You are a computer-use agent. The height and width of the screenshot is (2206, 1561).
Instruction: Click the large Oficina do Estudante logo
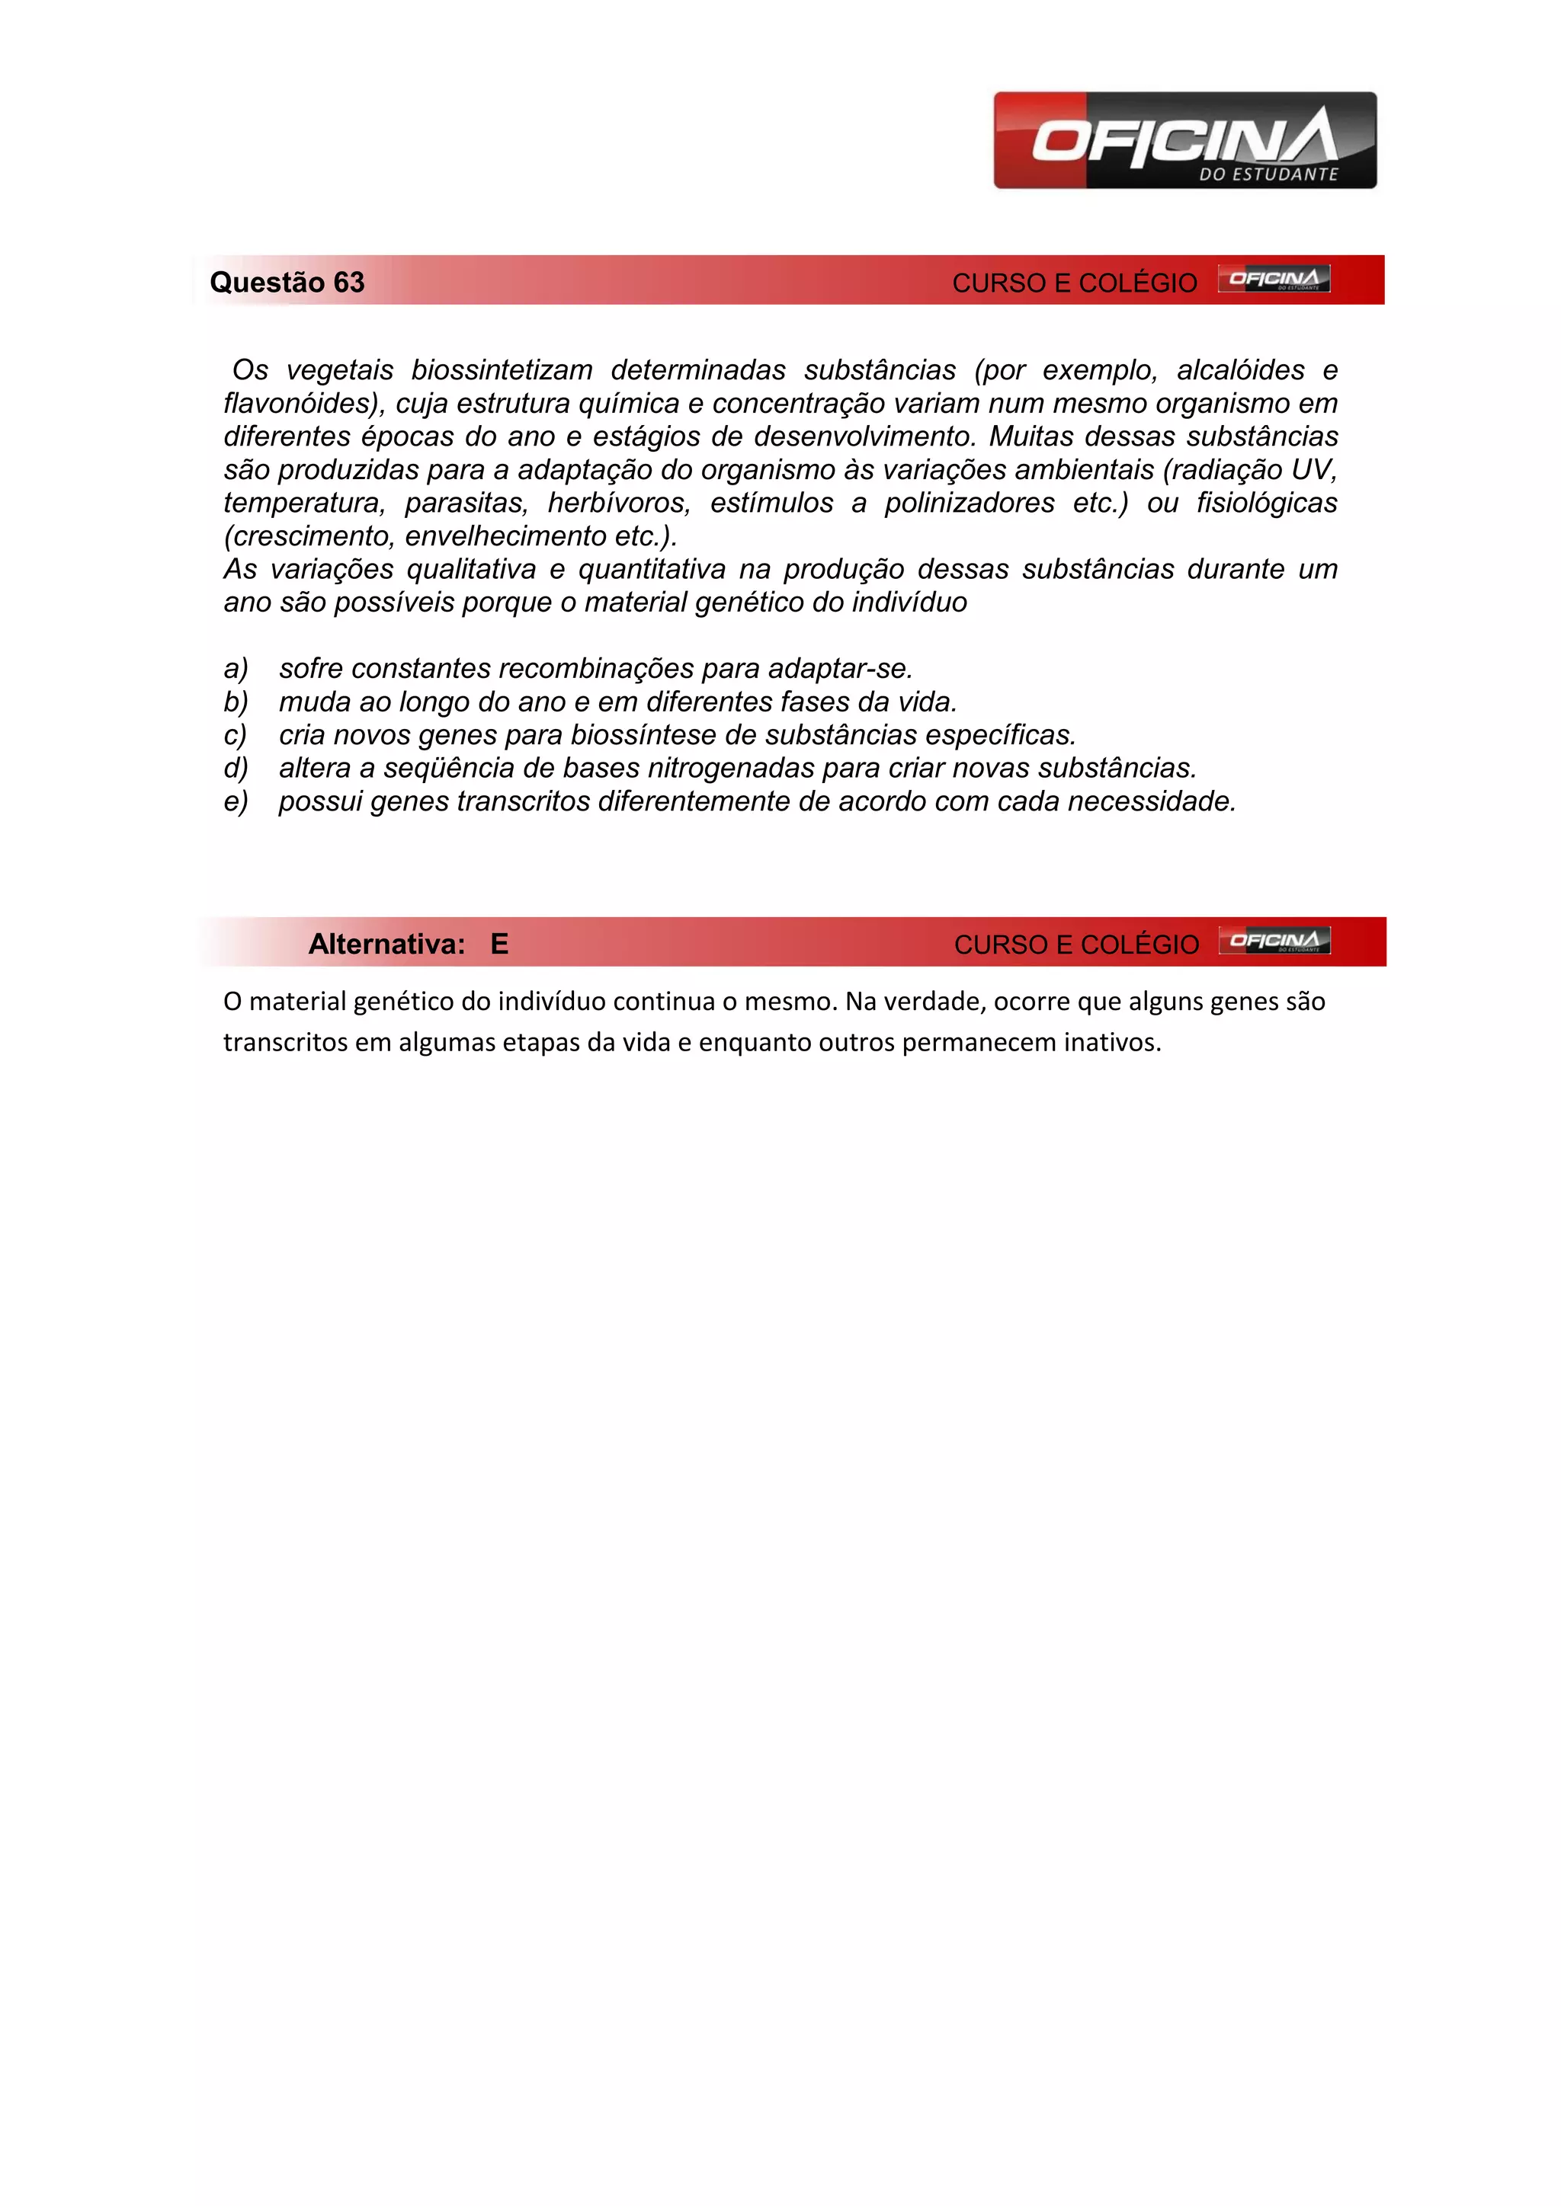pos(1184,140)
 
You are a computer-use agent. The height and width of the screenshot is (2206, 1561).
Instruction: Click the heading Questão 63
pos(287,283)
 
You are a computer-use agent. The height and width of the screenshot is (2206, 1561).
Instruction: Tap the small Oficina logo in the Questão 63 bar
pos(1274,279)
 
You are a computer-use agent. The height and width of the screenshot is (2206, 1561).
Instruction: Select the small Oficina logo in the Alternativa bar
pos(1274,941)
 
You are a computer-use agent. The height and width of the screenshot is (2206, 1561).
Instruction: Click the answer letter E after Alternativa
pos(499,945)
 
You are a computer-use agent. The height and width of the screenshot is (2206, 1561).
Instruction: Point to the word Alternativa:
pos(386,945)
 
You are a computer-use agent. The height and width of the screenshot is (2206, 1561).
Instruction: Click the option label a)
pos(236,669)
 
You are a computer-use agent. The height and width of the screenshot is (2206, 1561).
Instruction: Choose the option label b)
pos(236,702)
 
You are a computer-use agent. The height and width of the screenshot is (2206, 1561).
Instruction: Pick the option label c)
pos(236,735)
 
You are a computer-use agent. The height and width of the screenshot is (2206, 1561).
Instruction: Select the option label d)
pos(236,769)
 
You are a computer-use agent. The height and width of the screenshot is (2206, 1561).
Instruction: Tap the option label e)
pos(236,801)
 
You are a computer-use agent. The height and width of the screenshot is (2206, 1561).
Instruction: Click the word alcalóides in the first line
pos(1240,370)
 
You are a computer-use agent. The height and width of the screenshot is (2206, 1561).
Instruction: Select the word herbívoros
pos(619,504)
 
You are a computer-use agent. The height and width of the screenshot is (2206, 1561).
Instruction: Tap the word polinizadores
pos(969,504)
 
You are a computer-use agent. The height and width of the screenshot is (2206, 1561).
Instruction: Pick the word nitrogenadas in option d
pos(730,769)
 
